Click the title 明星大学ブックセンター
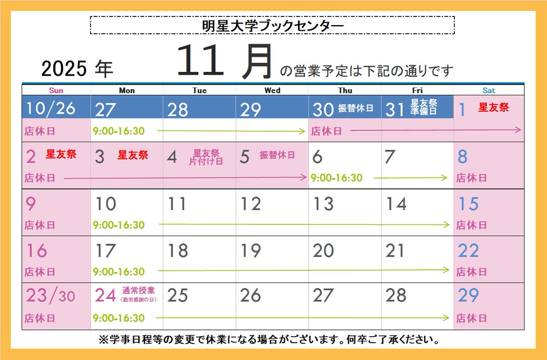coord(273,26)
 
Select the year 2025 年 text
coord(77,69)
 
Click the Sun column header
coord(56,90)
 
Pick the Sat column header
coord(489,90)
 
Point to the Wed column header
coord(272,90)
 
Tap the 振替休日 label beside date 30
coord(356,108)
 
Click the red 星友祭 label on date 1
coord(493,108)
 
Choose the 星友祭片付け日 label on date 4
coord(206,157)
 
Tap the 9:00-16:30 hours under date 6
coord(337,178)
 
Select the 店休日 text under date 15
coord(471,225)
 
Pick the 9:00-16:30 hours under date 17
coord(119,272)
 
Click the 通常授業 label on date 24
coord(139,290)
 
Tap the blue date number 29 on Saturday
coord(468,296)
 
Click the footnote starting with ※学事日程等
coord(268,340)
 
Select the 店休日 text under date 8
coord(471,178)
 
